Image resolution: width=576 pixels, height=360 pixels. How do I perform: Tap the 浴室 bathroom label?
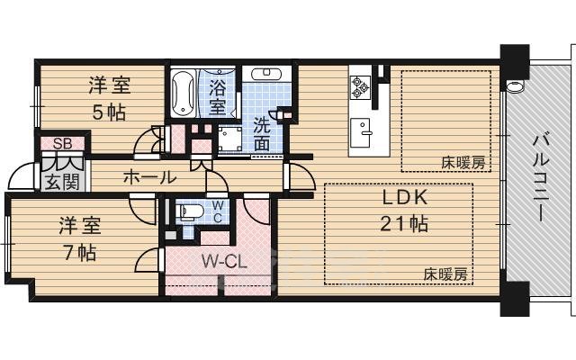[x=218, y=96]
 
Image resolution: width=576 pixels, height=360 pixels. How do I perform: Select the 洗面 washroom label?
[x=262, y=132]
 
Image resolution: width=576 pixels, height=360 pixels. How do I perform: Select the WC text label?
[x=217, y=211]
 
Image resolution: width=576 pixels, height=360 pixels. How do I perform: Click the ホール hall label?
[x=150, y=177]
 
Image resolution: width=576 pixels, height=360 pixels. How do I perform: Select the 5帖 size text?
[x=108, y=112]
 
